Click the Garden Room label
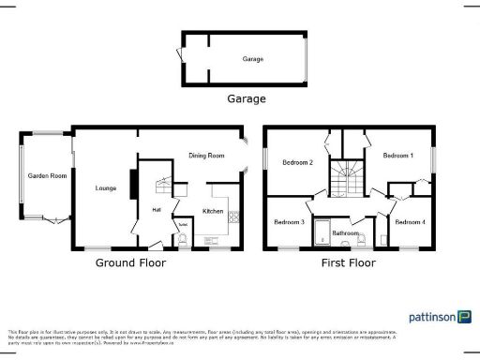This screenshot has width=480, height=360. pos(45,175)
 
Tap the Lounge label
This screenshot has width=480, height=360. pos(105,188)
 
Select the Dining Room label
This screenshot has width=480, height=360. pos(207,156)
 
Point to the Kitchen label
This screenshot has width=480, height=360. pos(213,212)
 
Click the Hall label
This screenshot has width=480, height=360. pos(157,210)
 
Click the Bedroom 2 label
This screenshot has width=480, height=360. pos(297,163)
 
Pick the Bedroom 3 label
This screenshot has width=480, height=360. pos(289,222)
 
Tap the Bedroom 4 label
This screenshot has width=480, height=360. pos(410,222)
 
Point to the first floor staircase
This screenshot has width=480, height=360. pos(346,176)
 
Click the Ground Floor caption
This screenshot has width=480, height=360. pos(130,263)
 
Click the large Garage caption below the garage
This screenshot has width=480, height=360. pos(246,98)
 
